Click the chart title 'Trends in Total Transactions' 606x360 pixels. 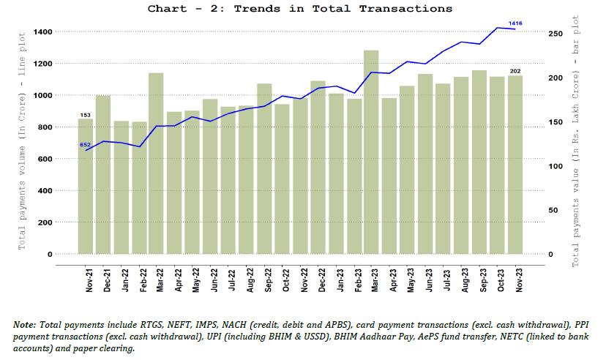click(x=299, y=9)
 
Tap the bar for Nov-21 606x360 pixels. click(x=86, y=187)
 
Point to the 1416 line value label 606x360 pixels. click(x=516, y=23)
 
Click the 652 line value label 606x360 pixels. click(x=85, y=145)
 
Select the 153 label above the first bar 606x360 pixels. click(x=85, y=115)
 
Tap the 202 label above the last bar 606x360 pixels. click(x=515, y=71)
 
